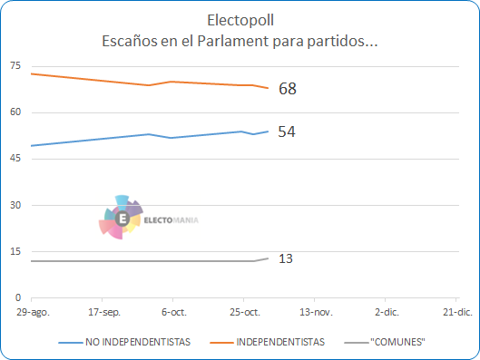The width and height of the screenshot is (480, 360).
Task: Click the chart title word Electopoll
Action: point(240,20)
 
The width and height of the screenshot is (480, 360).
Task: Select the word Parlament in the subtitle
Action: point(232,41)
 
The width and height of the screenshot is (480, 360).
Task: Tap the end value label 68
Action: point(288,89)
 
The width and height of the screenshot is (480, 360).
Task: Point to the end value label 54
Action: point(287,131)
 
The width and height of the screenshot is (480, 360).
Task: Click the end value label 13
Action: point(286,258)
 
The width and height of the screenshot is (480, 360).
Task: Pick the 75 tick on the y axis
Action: point(15,65)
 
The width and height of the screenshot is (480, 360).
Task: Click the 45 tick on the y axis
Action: point(15,158)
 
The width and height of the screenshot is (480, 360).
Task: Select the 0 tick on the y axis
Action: point(18,297)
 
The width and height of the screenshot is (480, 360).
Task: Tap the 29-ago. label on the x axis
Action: point(33,312)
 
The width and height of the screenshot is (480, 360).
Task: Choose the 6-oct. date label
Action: point(174,312)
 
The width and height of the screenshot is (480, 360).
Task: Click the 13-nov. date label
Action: point(316,312)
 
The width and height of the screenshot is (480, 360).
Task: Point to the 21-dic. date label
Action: point(457,312)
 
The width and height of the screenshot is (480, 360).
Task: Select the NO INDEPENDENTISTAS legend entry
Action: point(124,342)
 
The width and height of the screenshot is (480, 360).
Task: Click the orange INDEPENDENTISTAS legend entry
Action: point(268,342)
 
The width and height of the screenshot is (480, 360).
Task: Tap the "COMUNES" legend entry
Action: point(385,342)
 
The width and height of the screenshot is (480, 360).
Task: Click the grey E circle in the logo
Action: point(122,219)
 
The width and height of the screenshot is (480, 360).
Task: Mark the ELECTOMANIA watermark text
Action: point(171,220)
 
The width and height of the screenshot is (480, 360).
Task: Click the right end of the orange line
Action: point(269,88)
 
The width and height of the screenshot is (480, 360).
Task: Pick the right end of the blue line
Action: point(269,131)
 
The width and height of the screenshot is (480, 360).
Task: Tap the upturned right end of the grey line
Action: point(269,258)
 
